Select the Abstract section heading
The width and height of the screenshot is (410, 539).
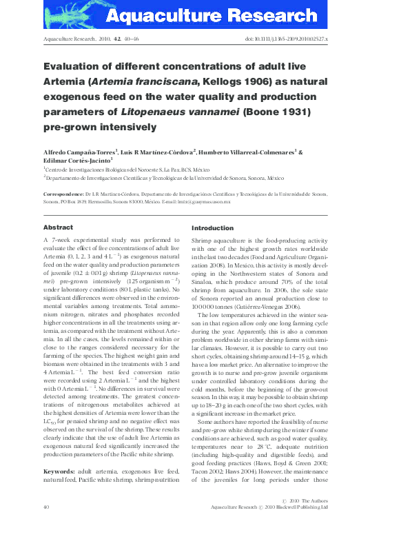pyautogui.click(x=58, y=227)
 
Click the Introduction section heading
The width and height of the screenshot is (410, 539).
pyautogui.click(x=212, y=227)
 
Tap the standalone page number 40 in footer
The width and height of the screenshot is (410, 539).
pyautogui.click(x=46, y=526)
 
